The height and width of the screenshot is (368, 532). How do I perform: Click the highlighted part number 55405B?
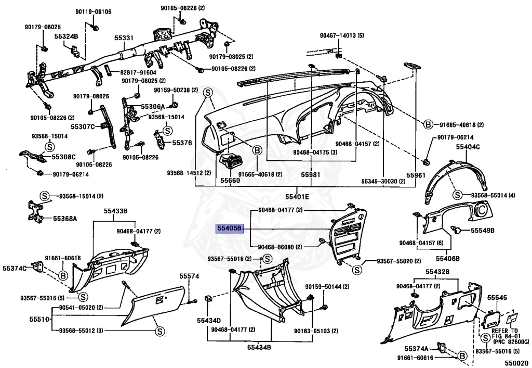(230, 229)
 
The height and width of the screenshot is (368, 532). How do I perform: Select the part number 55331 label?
(124, 37)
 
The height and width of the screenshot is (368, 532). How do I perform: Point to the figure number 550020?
(516, 363)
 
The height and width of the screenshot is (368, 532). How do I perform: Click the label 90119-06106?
(93, 11)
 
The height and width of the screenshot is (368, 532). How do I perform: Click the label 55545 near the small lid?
(496, 297)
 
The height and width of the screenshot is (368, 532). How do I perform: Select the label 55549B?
(483, 230)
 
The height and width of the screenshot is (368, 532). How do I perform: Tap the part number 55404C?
(468, 147)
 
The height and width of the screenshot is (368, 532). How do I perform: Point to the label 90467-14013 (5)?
(342, 35)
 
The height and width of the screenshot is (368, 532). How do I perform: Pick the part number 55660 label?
(230, 181)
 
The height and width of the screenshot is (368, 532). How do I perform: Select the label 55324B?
(66, 36)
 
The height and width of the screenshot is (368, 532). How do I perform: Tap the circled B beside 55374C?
(63, 275)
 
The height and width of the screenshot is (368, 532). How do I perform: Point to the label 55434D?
(209, 320)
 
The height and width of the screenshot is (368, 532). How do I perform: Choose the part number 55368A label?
(64, 219)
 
